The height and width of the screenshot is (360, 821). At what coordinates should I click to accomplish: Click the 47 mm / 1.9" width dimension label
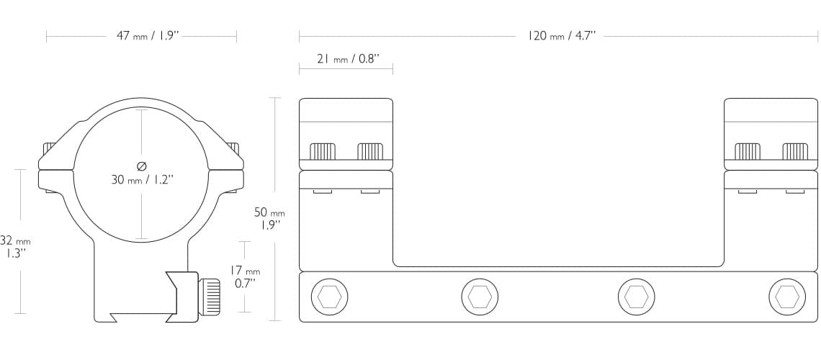[x=148, y=36]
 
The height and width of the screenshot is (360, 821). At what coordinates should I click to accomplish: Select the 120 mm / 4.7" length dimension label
[x=561, y=36]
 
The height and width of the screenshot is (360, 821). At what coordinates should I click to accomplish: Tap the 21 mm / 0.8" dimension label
[x=347, y=58]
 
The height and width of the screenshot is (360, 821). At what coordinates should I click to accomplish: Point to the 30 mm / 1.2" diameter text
[x=142, y=180]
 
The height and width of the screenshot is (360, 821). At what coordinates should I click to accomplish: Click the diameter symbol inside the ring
[x=141, y=166]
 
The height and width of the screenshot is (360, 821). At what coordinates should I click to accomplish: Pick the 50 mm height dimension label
[x=269, y=219]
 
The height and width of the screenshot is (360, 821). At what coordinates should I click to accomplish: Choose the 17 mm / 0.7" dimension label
[x=245, y=277]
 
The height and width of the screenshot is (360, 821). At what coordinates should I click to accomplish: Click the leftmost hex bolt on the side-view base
[x=329, y=297]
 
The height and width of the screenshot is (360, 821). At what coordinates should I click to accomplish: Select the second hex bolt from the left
[x=480, y=297]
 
